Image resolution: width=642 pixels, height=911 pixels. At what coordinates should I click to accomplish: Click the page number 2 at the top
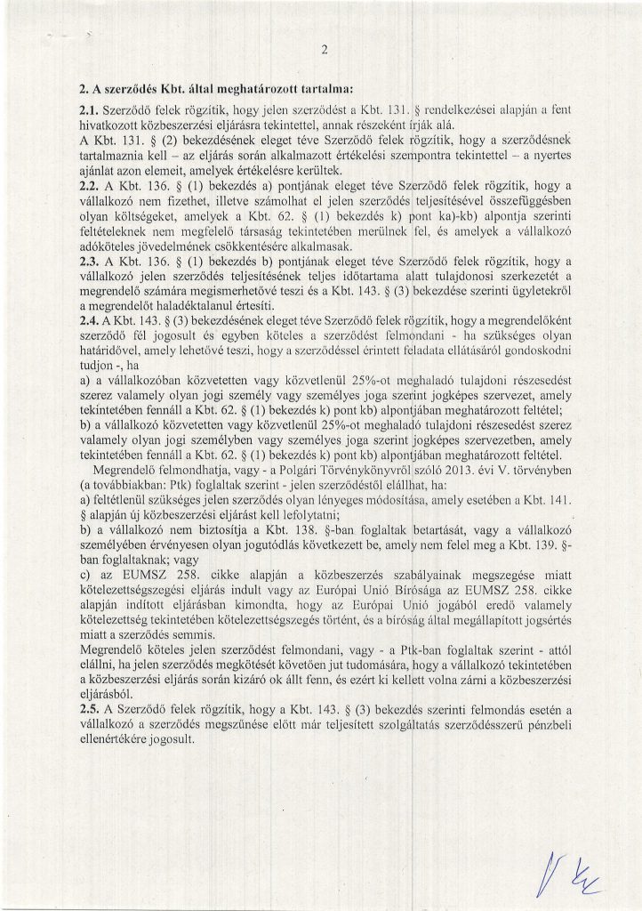(x=325, y=50)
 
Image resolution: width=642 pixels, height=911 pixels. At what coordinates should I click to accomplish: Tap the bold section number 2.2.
(x=92, y=183)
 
